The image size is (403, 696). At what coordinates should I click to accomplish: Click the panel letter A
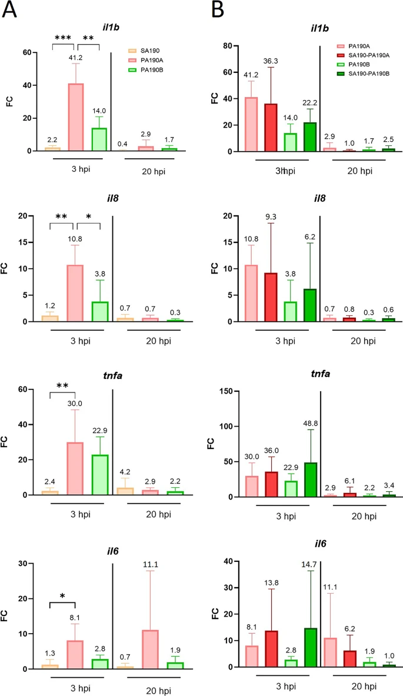13,11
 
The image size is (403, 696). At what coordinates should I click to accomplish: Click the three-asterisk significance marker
63,38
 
